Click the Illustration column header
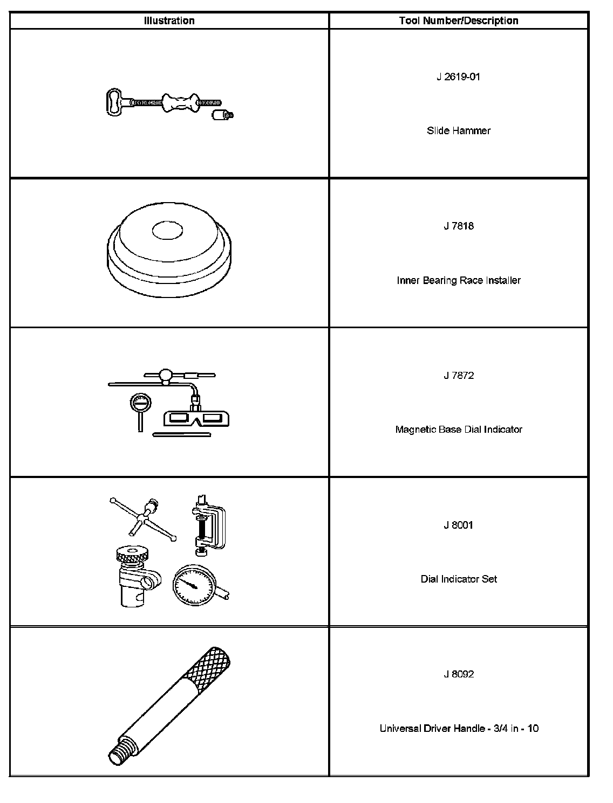[x=169, y=21]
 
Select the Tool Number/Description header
[x=458, y=21]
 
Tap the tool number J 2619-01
[x=458, y=77]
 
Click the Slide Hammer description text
[x=458, y=130]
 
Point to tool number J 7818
[x=458, y=226]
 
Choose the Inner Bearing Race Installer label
[x=458, y=280]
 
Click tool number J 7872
[x=458, y=376]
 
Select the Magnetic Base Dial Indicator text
[x=458, y=430]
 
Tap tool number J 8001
[x=458, y=525]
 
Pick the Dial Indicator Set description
[x=458, y=579]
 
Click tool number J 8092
[x=458, y=674]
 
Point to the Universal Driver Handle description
[x=458, y=729]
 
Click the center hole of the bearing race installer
[x=167, y=231]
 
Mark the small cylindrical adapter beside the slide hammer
[x=221, y=115]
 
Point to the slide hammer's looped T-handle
[x=114, y=102]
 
